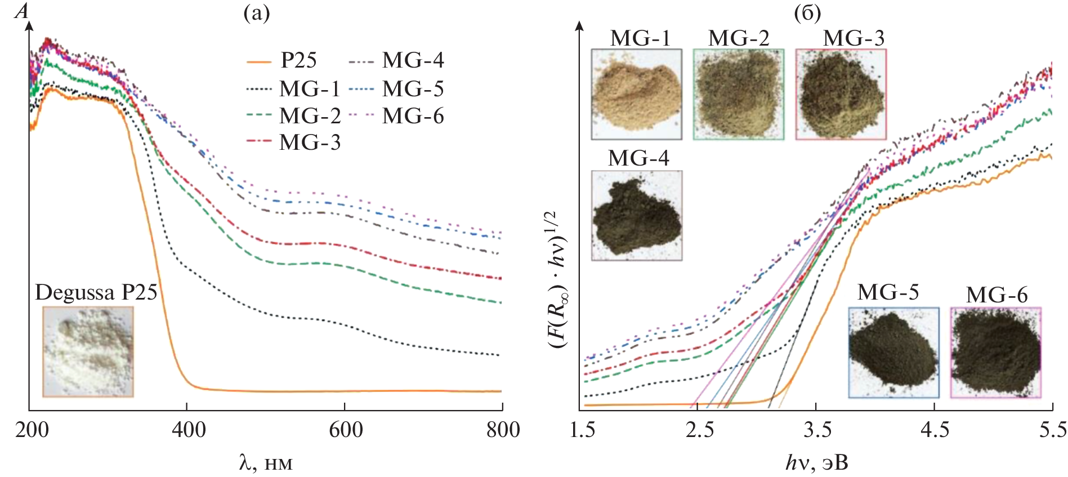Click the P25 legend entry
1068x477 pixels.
coord(281,60)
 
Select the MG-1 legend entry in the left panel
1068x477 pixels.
coord(293,89)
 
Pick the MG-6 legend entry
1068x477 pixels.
coord(396,116)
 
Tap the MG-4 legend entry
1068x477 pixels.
coord(396,60)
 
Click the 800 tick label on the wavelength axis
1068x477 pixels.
coord(503,430)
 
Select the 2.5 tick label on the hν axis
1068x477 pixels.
coord(699,430)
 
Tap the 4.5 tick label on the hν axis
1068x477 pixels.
coord(935,430)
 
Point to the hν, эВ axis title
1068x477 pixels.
coord(816,463)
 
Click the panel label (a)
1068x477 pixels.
coord(256,13)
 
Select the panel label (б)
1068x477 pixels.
coord(807,13)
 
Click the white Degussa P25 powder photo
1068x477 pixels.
coord(88,352)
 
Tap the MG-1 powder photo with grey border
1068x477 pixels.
coord(636,94)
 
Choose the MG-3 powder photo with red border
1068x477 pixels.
coord(841,94)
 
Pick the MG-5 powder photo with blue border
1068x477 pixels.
coord(894,353)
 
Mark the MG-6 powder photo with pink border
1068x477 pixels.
coord(996,353)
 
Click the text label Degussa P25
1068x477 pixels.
coord(96,292)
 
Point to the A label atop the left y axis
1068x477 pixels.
coord(21,11)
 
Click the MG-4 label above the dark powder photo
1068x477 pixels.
coord(638,158)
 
